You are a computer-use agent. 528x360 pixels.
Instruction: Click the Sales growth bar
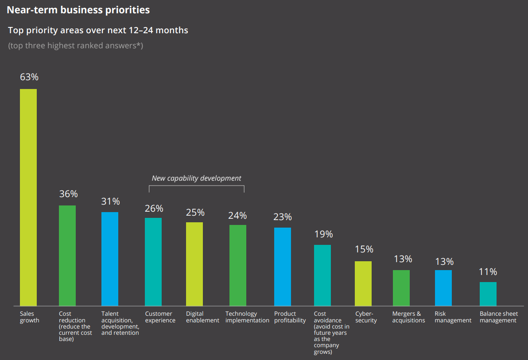pyautogui.click(x=28, y=197)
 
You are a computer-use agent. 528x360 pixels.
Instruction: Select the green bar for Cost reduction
pyautogui.click(x=67, y=255)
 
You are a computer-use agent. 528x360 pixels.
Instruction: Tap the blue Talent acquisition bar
pyautogui.click(x=110, y=259)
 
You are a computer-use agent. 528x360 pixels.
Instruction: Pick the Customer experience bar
pyautogui.click(x=153, y=262)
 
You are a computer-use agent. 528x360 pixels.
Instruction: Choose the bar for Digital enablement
pyautogui.click(x=194, y=264)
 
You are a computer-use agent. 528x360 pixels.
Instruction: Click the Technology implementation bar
pyautogui.click(x=238, y=265)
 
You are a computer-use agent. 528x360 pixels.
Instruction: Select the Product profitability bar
pyautogui.click(x=283, y=267)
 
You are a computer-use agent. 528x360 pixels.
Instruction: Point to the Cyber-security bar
pyautogui.click(x=363, y=283)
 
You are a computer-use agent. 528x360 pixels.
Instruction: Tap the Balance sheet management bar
pyautogui.click(x=488, y=294)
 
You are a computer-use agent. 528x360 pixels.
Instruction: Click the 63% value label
pyautogui.click(x=29, y=77)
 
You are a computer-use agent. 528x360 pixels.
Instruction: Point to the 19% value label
pyautogui.click(x=323, y=234)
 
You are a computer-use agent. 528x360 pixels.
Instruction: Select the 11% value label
pyautogui.click(x=488, y=272)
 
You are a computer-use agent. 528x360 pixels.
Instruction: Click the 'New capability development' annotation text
pyautogui.click(x=197, y=178)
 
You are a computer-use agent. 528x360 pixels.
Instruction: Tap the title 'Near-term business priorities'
pyautogui.click(x=78, y=9)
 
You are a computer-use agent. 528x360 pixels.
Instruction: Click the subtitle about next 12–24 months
pyautogui.click(x=98, y=31)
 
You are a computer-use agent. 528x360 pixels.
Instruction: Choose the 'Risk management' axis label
pyautogui.click(x=453, y=317)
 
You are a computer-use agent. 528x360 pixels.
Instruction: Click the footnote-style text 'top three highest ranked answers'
pyautogui.click(x=75, y=46)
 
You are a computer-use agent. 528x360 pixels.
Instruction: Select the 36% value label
pyautogui.click(x=68, y=194)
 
